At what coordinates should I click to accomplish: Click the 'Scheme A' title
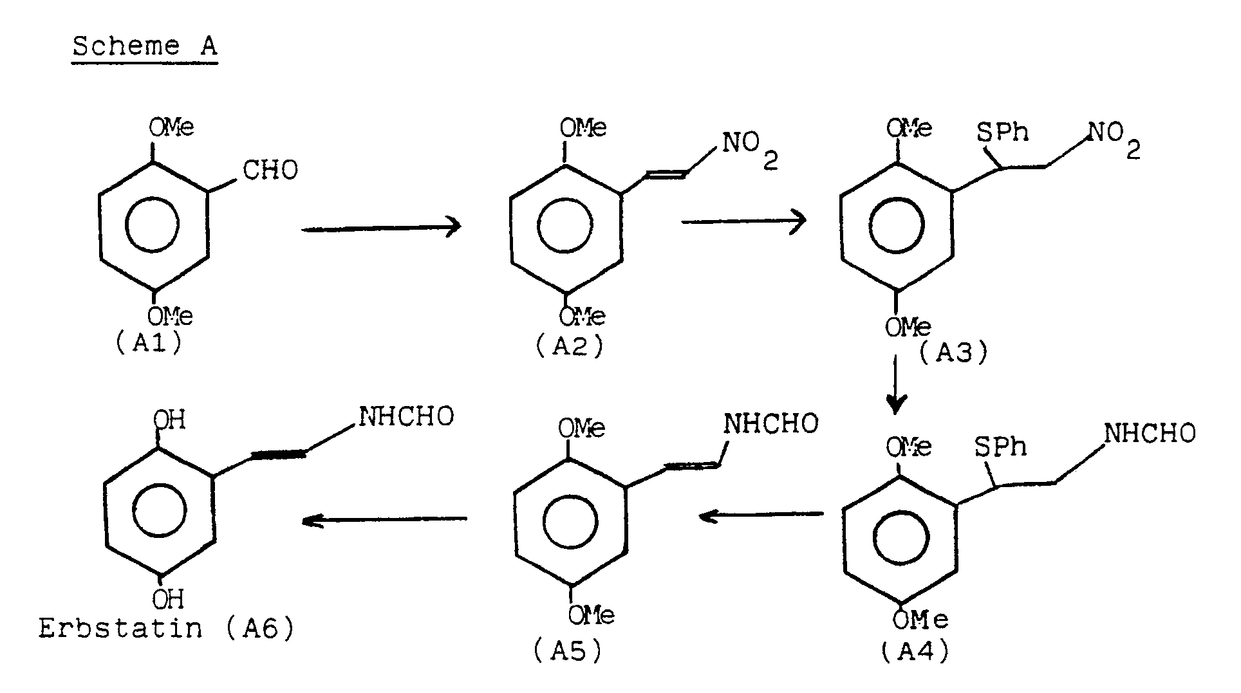(x=145, y=46)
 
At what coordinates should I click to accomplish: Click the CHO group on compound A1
(x=270, y=171)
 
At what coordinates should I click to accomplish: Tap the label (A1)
(x=149, y=343)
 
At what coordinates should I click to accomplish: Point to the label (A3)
(x=953, y=353)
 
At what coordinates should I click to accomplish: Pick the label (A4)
(x=915, y=652)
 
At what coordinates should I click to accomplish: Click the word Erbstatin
(x=120, y=628)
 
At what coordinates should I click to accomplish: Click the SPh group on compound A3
(x=1002, y=132)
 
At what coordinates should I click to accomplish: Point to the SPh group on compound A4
(x=1000, y=447)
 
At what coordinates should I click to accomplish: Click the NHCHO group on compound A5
(x=770, y=423)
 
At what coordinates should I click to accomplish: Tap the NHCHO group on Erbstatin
(x=406, y=416)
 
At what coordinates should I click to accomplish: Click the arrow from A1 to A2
(x=381, y=228)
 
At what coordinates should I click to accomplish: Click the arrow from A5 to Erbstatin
(x=385, y=519)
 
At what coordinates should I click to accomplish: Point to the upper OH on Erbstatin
(x=169, y=420)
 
